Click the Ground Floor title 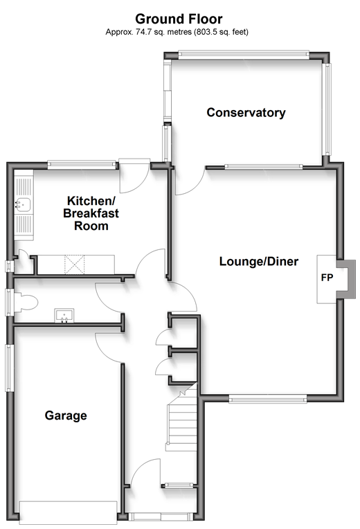[179, 19]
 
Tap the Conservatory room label [246, 112]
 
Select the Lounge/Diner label [259, 262]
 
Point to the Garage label [66, 415]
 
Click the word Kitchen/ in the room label [91, 201]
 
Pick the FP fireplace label [327, 278]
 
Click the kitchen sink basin [23, 204]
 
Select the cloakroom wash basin [64, 316]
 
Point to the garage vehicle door [68, 512]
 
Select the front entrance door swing [146, 473]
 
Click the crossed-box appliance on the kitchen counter [74, 264]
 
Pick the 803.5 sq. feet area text [221, 32]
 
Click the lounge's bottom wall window [268, 399]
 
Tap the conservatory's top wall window [243, 55]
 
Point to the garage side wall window [10, 368]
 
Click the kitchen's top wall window [81, 165]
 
